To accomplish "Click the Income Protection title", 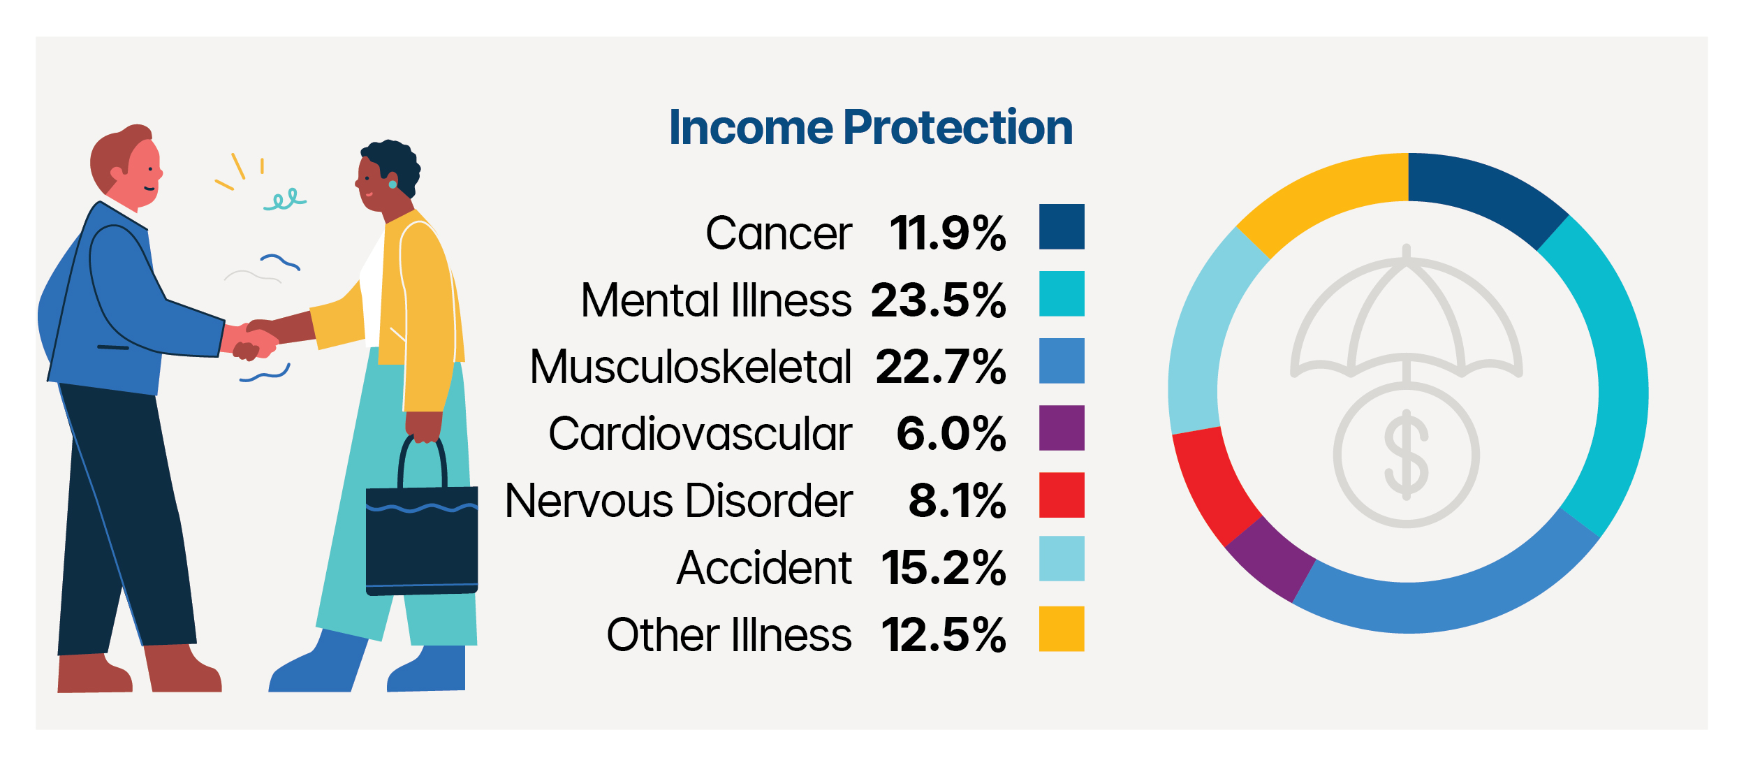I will coord(870,128).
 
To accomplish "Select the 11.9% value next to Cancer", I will coord(947,233).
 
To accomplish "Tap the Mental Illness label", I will coord(716,300).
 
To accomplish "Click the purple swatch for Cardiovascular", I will coord(1061,428).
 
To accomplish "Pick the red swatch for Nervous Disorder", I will coord(1061,495).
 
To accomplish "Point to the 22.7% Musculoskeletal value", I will coord(940,367).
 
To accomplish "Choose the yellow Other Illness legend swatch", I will coord(1061,629).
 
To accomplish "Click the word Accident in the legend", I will coord(764,567).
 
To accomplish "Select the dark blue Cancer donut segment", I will coord(1484,193).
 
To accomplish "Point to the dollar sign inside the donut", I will coord(1406,454).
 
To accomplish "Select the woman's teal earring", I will coord(393,184).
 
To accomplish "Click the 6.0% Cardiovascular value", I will coord(951,434).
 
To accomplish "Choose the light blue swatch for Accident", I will coord(1061,558).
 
